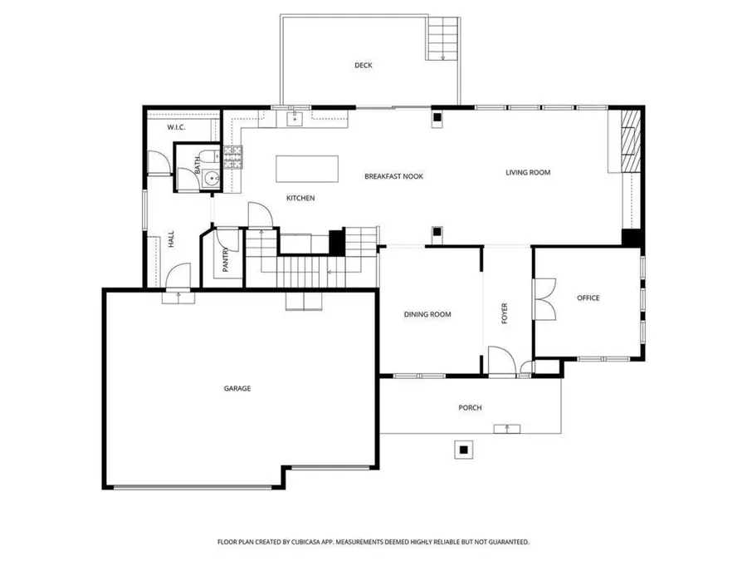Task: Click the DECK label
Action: [x=363, y=65]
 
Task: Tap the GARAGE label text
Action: [x=237, y=388]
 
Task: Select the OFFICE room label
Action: [x=588, y=298]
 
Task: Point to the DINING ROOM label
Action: [x=427, y=314]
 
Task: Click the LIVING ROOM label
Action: [x=528, y=173]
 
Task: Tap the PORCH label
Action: [x=470, y=407]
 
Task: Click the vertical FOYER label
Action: [x=504, y=313]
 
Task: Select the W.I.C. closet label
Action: [x=175, y=127]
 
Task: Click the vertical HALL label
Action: [x=171, y=239]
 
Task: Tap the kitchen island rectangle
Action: [x=307, y=169]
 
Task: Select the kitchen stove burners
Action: [x=232, y=155]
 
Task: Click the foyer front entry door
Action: [x=500, y=362]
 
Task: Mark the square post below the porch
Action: [x=463, y=450]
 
